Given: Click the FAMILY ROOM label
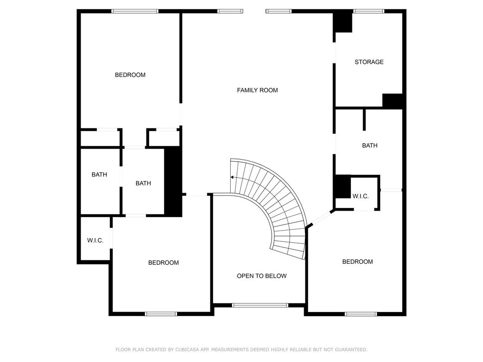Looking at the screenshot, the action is [257, 90].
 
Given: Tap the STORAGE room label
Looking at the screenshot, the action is [369, 62].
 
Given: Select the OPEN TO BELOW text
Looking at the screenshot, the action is [261, 276].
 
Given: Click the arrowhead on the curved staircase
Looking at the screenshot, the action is [232, 177].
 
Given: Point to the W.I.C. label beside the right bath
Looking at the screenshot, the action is [360, 196].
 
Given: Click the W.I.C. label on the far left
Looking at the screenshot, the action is [95, 240].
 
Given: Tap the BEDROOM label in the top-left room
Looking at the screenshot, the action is [130, 75].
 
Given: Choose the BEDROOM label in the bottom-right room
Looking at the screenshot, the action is [357, 262].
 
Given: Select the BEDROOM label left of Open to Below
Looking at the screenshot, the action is [163, 262].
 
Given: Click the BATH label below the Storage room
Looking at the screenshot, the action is [369, 145].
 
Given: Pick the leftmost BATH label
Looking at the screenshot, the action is [99, 175].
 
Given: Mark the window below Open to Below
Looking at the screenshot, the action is [260, 305].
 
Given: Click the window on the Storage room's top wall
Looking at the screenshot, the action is [369, 11].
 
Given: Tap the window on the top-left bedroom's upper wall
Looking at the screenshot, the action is [135, 11].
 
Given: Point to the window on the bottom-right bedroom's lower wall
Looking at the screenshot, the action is [361, 314].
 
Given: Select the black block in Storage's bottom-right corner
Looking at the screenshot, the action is [393, 101].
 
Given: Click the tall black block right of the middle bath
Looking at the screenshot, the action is [173, 181].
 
